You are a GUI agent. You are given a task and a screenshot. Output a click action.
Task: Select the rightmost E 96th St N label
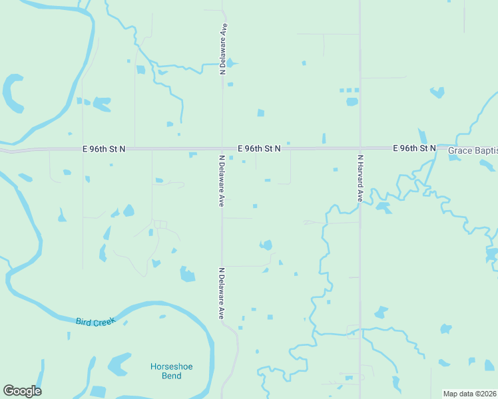413,148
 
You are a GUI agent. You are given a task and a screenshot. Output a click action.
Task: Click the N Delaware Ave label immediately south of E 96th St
220,181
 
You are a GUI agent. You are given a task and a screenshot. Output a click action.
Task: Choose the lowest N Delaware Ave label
220,293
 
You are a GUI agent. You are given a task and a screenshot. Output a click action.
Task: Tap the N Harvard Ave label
360,178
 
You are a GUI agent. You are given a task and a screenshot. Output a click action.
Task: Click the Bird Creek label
95,321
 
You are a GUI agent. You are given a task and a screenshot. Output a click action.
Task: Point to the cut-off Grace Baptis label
472,151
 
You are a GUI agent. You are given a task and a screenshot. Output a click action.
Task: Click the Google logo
22,391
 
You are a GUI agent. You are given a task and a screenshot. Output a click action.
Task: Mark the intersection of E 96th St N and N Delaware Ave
222,149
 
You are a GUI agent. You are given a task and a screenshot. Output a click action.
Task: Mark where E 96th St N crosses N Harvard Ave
360,148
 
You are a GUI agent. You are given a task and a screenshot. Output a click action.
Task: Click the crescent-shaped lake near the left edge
12,94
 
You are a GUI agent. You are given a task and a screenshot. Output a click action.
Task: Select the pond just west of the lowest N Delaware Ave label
188,274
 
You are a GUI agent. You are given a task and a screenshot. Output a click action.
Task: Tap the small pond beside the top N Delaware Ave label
230,64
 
